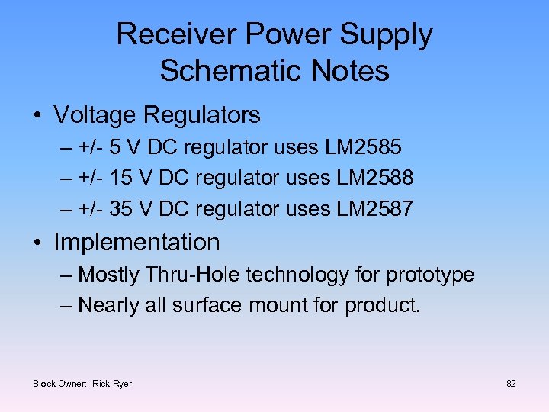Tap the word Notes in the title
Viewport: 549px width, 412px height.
pos(352,71)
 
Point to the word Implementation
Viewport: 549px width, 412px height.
pos(136,243)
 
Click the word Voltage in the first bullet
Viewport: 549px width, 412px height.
pos(95,115)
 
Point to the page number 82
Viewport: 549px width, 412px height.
pos(511,383)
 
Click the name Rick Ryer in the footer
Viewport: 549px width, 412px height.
pos(112,383)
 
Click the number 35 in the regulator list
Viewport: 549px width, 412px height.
pos(120,208)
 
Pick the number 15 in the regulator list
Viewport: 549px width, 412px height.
pos(120,178)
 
